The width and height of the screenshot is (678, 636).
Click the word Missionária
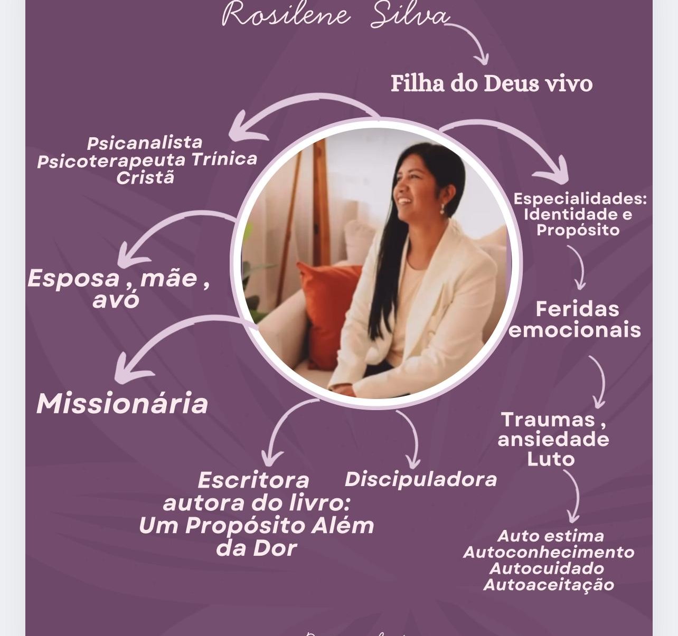point(122,404)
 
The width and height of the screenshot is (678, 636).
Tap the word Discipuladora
point(421,479)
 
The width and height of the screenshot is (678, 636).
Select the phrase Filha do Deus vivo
point(492,83)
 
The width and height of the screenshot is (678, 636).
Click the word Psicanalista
point(145,143)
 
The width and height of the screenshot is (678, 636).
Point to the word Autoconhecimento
point(549,552)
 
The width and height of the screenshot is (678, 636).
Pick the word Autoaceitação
point(549,585)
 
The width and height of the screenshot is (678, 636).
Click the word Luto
point(551,459)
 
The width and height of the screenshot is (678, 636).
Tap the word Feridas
point(577,309)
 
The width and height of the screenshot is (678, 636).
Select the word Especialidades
point(579,199)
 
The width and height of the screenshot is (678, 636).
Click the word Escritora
point(253,480)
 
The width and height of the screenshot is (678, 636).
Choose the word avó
point(116,300)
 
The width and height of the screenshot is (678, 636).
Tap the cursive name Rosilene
point(286,15)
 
